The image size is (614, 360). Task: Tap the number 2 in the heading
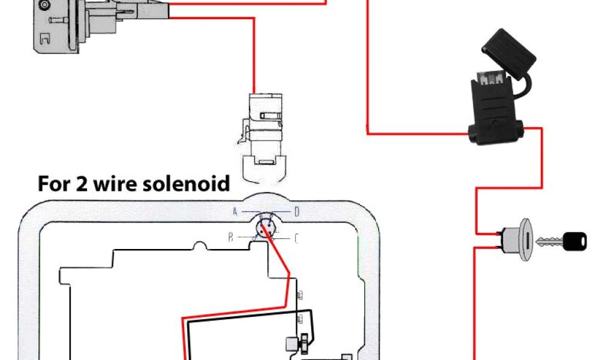click(x=81, y=183)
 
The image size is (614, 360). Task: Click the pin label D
click(x=296, y=211)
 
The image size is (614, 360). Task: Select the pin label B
click(x=230, y=238)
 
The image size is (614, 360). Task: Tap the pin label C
click(x=296, y=238)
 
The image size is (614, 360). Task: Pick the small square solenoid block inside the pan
click(x=291, y=344)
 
